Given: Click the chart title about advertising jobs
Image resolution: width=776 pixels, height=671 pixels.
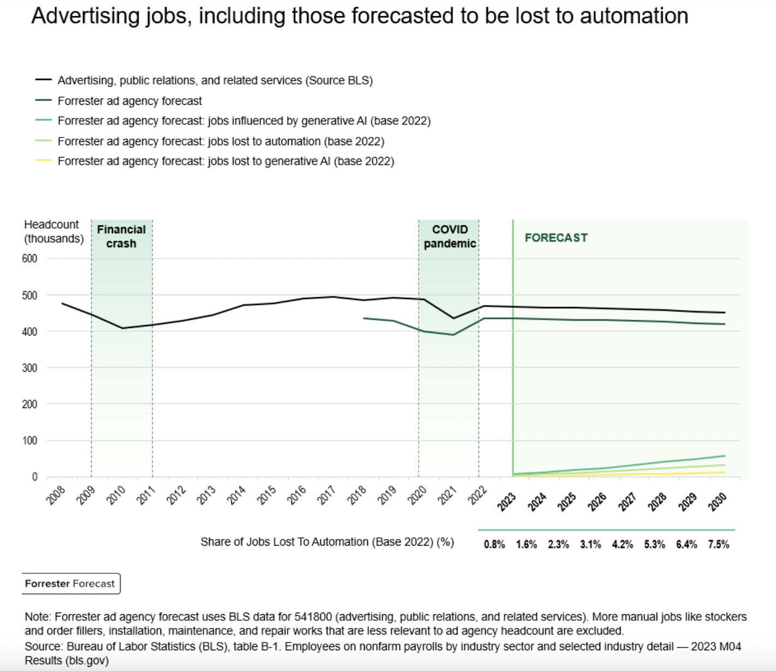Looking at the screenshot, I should click(x=360, y=16).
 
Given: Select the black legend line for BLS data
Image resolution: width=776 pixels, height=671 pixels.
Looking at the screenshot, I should click(x=44, y=80).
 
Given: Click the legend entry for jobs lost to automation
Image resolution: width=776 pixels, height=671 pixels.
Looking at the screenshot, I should click(x=220, y=141).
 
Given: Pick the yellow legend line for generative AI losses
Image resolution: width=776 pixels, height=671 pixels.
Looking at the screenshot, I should click(x=44, y=161).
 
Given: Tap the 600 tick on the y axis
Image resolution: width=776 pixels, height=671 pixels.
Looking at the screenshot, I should click(x=29, y=259).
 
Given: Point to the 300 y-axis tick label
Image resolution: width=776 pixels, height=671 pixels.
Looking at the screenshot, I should click(x=29, y=368).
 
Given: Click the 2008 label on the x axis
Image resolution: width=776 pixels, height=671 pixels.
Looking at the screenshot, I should click(x=56, y=495).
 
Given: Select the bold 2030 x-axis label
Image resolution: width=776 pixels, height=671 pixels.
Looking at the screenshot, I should click(x=717, y=501).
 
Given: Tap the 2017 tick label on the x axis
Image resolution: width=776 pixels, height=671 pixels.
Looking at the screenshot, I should click(x=326, y=495).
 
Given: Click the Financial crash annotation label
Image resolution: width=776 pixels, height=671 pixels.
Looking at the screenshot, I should click(x=121, y=236).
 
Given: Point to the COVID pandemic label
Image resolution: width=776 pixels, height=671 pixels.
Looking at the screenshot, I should click(x=450, y=236).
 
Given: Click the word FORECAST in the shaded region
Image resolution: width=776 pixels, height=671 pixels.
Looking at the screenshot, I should click(x=556, y=238).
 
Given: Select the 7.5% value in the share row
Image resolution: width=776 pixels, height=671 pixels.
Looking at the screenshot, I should click(x=718, y=544).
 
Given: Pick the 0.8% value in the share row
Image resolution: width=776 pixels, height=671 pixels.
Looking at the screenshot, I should click(x=494, y=544).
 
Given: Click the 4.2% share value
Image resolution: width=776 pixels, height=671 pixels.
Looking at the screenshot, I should click(x=622, y=544).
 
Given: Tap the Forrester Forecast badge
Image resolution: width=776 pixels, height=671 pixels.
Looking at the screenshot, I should click(x=70, y=584).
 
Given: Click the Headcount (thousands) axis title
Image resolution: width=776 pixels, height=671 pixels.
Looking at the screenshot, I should click(x=53, y=231).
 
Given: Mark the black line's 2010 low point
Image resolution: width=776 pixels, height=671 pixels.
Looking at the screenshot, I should click(x=122, y=328).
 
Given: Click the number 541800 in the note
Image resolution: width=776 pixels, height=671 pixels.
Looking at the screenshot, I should click(x=313, y=617).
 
